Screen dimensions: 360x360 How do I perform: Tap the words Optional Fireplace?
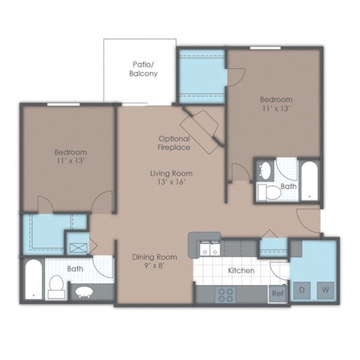coord(174,143)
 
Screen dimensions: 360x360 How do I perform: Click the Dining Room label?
coord(154,257)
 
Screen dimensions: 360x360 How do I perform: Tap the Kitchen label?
coord(241,270)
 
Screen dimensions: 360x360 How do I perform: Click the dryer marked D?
coord(303,289)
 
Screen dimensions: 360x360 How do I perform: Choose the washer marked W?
coord(325,289)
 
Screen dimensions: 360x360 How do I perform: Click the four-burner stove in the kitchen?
coord(226,294)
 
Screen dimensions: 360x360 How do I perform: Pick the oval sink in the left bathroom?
coord(82,291)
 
